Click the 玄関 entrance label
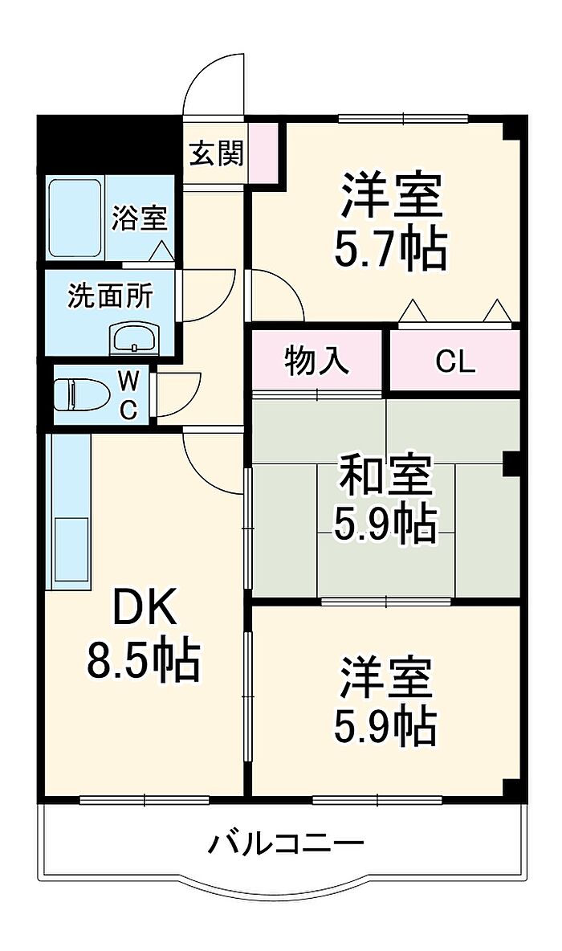217,153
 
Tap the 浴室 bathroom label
140,218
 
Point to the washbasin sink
135,338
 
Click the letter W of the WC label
128,382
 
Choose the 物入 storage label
316,361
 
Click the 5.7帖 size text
391,249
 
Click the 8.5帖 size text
143,660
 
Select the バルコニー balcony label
286,843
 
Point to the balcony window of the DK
145,800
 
